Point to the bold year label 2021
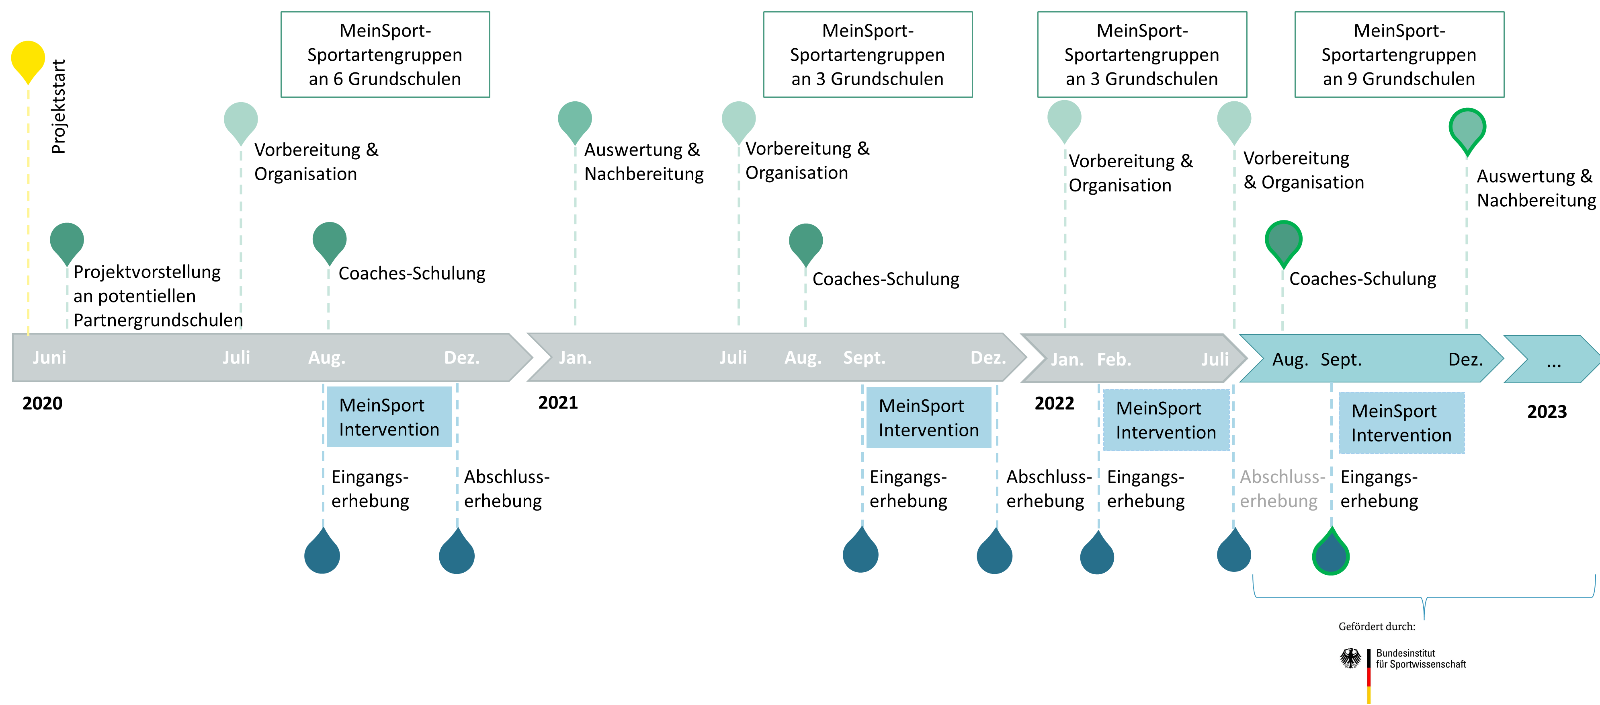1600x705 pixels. (558, 403)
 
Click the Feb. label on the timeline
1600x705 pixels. (1114, 360)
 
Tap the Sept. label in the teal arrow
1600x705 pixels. (1341, 360)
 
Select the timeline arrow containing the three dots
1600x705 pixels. (1551, 360)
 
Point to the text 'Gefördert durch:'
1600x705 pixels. (1377, 627)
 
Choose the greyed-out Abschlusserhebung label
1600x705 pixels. (1282, 489)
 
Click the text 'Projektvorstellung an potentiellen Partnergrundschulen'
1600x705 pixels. (158, 296)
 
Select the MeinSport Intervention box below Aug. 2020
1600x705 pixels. (389, 417)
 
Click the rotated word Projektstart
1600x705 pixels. (58, 106)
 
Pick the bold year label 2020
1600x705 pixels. (42, 403)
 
